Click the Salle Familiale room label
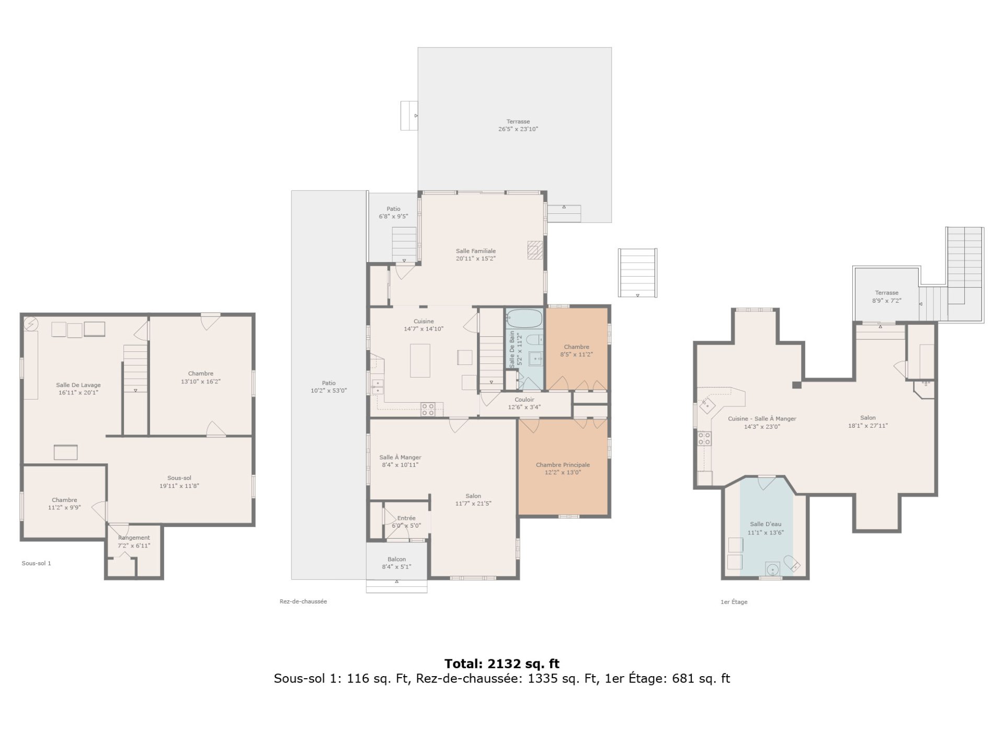click(x=475, y=251)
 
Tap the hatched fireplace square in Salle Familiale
click(x=534, y=249)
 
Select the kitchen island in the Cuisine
click(x=420, y=360)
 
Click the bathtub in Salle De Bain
click(x=524, y=318)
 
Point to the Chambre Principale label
click(x=563, y=465)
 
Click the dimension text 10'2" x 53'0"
click(x=328, y=391)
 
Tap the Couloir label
click(x=524, y=400)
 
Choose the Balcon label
click(x=396, y=559)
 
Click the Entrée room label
click(x=406, y=518)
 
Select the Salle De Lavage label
click(x=78, y=385)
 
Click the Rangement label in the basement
click(x=134, y=538)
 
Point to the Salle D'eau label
click(x=766, y=524)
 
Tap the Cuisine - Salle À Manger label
click(x=762, y=418)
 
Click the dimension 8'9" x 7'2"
click(x=887, y=301)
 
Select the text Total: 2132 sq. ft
click(x=502, y=664)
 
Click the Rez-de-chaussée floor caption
click(x=303, y=601)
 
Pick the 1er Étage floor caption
click(x=734, y=602)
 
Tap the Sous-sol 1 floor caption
click(x=36, y=563)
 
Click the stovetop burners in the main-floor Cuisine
click(x=428, y=409)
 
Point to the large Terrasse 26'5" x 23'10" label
click(x=518, y=125)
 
